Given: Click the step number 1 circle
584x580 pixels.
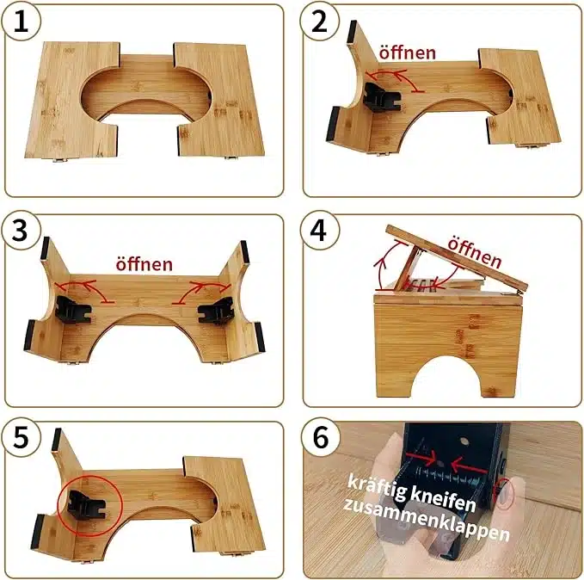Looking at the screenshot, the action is tap(21, 22).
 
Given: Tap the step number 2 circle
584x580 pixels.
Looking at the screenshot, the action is tap(319, 22).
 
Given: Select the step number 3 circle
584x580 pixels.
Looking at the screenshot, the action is tap(21, 231).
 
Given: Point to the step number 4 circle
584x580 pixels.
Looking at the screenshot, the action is tap(319, 231).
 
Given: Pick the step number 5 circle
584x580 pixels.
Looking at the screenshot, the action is tap(21, 438).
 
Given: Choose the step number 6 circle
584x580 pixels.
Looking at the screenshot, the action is tap(320, 438).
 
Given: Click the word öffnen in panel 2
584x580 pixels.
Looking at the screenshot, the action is tap(407, 52).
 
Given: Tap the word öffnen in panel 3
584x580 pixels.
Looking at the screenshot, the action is tap(144, 264).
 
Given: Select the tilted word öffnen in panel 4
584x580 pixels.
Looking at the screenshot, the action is tap(474, 253).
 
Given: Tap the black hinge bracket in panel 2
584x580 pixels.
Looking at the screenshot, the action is tap(381, 97).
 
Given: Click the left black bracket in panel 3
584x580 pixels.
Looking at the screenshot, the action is tap(72, 310).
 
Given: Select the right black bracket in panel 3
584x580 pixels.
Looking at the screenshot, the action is tap(215, 310).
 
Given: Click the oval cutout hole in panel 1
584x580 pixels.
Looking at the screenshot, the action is tap(146, 93).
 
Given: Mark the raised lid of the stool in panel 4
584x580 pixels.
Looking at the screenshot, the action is tap(457, 258).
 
